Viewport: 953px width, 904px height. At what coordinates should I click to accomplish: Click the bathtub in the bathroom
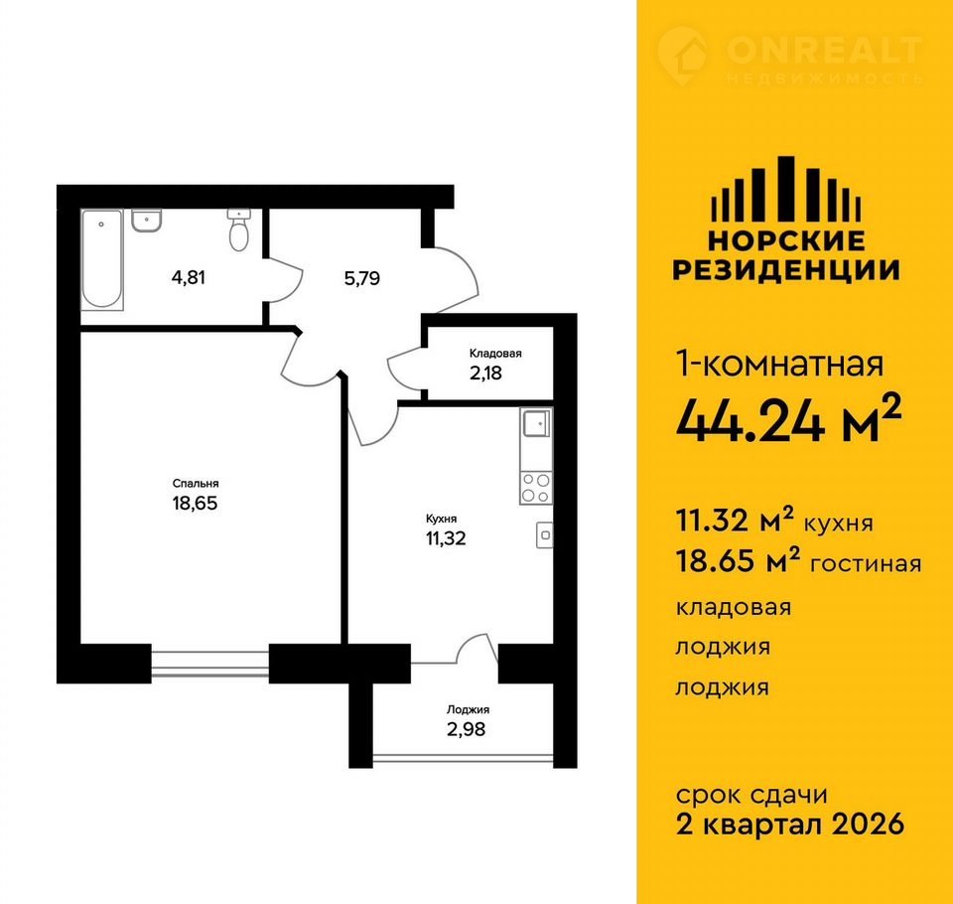[102, 259]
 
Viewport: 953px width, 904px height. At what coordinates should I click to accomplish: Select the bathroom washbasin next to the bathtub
[146, 221]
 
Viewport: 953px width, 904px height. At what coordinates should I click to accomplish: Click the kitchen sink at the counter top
[537, 423]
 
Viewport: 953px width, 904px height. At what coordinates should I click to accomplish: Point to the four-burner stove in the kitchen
[536, 488]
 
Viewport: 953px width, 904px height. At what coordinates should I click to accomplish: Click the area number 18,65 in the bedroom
[195, 503]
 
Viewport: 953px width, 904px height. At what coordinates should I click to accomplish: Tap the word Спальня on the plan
[196, 484]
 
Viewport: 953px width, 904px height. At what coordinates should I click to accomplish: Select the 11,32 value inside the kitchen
[446, 538]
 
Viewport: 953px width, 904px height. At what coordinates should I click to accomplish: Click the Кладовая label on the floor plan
[495, 354]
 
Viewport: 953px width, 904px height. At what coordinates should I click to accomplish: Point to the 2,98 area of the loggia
[466, 729]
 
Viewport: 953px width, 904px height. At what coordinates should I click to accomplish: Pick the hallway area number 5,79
[361, 278]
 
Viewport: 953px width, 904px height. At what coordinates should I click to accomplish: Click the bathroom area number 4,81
[189, 278]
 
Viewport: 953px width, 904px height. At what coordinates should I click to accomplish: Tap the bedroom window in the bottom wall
[209, 663]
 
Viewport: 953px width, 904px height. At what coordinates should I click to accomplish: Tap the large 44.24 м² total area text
[787, 418]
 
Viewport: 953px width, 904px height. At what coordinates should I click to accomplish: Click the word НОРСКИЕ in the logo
[786, 241]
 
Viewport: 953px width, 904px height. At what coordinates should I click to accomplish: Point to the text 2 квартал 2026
[790, 825]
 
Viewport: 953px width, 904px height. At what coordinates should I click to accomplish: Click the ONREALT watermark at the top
[790, 58]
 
